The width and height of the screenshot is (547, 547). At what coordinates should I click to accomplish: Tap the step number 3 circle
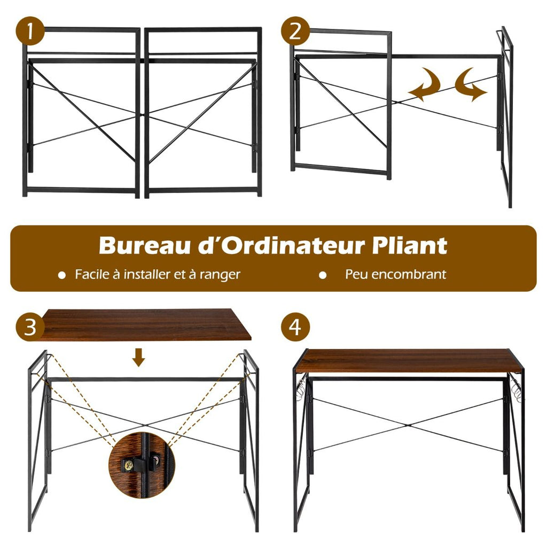pos(30,327)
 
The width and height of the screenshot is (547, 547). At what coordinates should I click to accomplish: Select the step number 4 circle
pos(295,327)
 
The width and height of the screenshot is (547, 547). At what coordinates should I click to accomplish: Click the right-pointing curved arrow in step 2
pos(471,84)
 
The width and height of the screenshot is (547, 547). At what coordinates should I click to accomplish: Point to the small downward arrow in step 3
pos(139,357)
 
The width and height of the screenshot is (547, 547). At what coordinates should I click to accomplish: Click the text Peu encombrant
pos(395,275)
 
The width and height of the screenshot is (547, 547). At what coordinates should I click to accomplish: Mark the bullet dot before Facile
pos(62,276)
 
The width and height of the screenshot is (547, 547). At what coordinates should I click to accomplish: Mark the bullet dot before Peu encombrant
pos(323,276)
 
